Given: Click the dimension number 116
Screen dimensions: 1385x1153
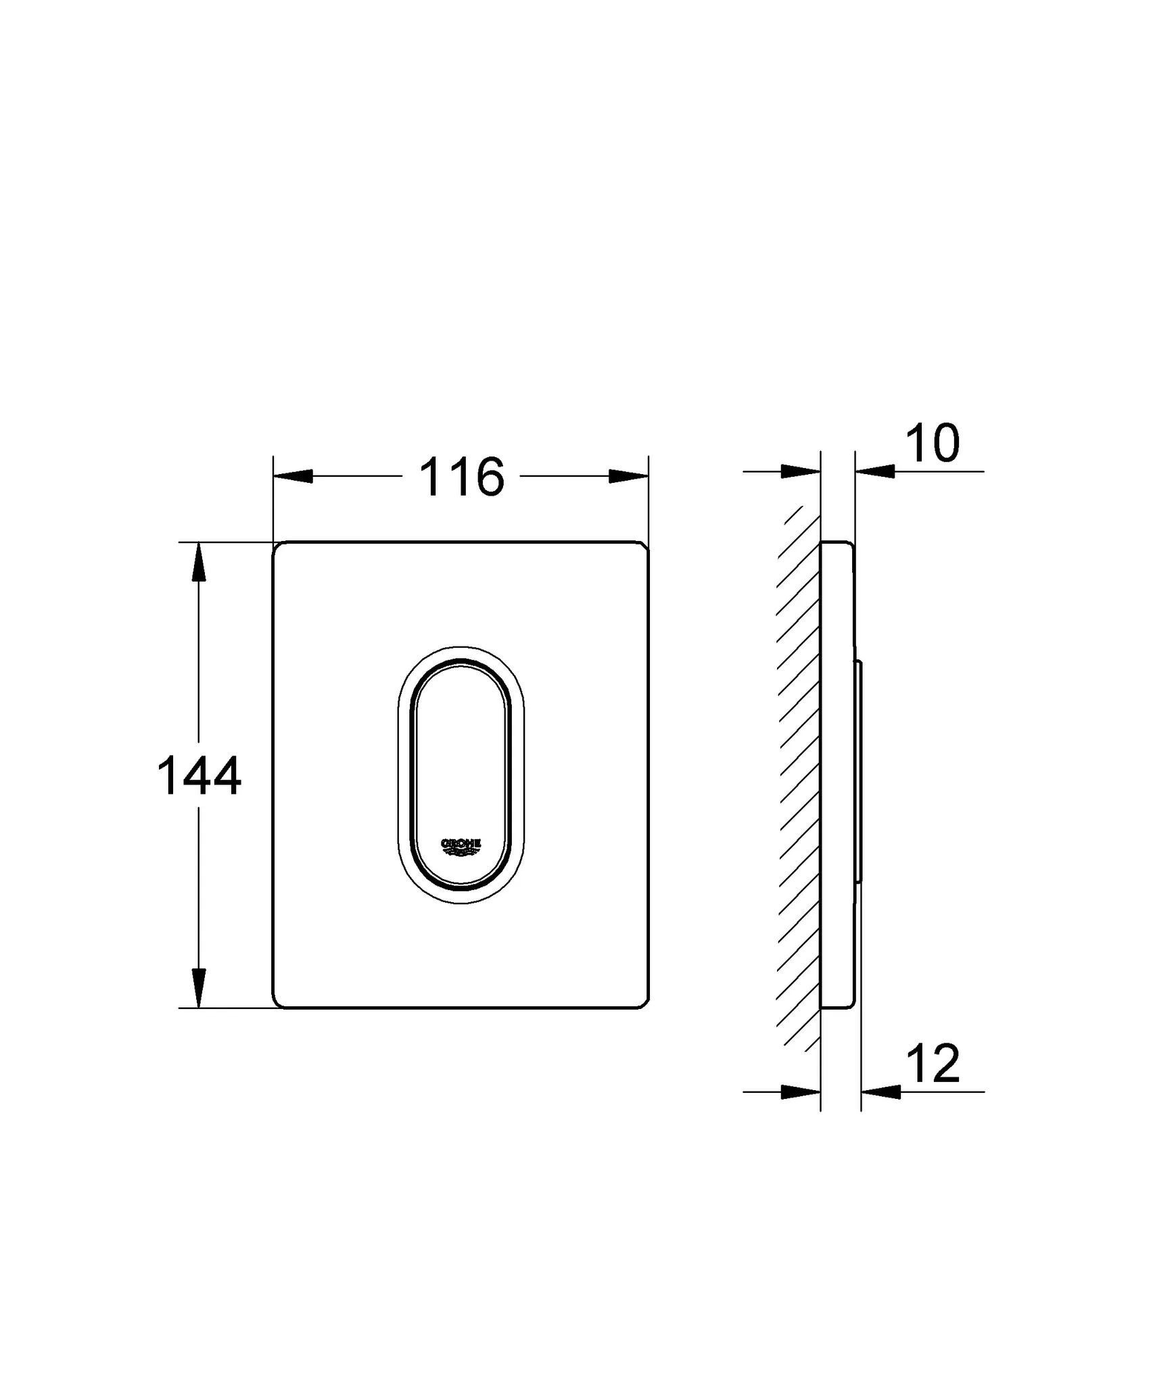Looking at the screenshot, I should click(x=462, y=477).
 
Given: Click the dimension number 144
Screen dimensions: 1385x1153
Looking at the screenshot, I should click(x=199, y=776).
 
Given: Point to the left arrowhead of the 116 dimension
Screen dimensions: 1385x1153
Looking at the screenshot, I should click(x=293, y=476).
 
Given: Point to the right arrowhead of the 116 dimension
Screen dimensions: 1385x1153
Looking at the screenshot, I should click(x=629, y=476).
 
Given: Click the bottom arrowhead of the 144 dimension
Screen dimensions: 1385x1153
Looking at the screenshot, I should click(x=198, y=988).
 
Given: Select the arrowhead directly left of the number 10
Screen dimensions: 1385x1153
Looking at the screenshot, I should click(x=875, y=471).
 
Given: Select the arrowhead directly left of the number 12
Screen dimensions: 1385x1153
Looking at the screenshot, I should click(x=881, y=1091).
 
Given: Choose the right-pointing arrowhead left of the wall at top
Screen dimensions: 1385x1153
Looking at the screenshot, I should click(x=801, y=471).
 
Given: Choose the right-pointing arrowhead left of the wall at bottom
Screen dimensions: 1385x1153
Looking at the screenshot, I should click(x=801, y=1091).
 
